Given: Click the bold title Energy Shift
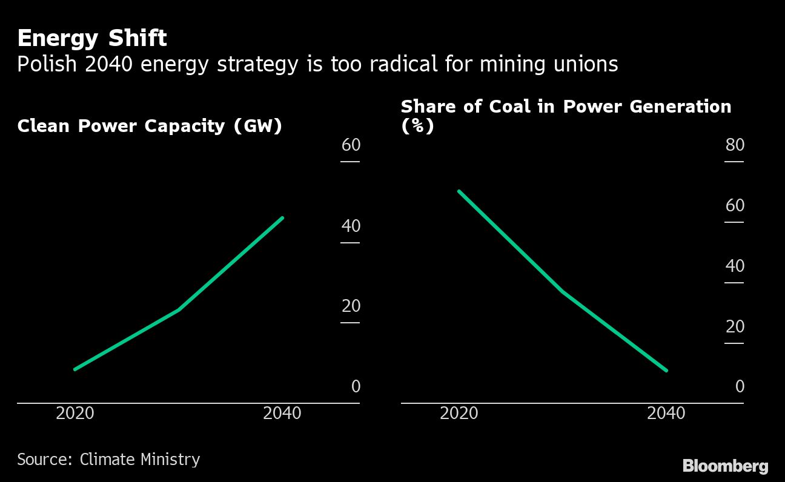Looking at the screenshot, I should [92, 39].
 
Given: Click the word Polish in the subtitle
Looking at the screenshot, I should [48, 64].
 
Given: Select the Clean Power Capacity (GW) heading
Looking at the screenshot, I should [150, 126].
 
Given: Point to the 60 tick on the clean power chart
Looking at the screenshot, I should [351, 145].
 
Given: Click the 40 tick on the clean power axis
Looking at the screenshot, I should [351, 226].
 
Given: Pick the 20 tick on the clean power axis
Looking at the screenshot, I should [351, 306].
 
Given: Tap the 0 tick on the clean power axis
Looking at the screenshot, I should [356, 386].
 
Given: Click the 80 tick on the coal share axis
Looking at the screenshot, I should [735, 145].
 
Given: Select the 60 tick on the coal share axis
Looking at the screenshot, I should [735, 206].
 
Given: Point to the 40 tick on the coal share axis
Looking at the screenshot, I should [735, 266].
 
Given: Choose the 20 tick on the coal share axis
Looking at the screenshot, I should [735, 326].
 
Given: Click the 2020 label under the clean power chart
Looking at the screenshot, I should [75, 414].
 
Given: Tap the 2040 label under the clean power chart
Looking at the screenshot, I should [282, 414].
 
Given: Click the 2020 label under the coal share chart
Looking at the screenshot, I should [459, 414].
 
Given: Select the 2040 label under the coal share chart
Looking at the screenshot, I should [666, 414].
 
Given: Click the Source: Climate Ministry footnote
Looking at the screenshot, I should [108, 460].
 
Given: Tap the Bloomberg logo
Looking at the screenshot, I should [725, 466].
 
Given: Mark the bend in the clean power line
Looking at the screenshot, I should [178, 310].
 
